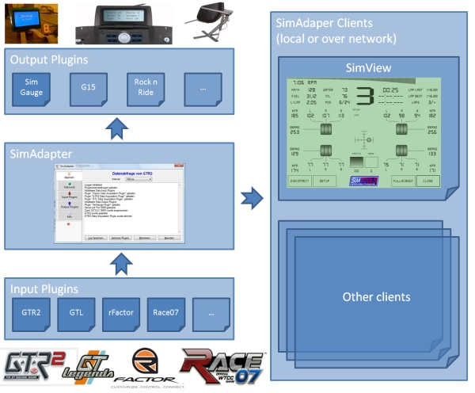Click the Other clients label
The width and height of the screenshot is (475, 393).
pyautogui.click(x=365, y=297)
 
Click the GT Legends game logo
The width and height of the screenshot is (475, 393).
pyautogui.click(x=87, y=367)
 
